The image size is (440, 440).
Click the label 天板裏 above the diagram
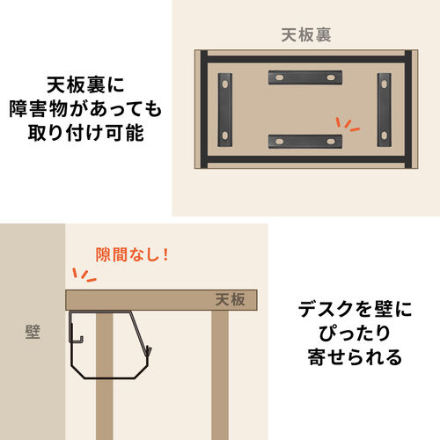click(x=305, y=36)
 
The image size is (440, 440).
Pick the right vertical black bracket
click(x=385, y=109)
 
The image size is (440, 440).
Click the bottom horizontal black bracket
click(x=305, y=140)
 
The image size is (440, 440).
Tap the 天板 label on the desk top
click(x=231, y=301)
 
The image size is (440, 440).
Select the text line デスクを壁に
click(x=350, y=309)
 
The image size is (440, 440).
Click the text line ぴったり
click(x=350, y=334)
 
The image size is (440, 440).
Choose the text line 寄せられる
click(x=350, y=358)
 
